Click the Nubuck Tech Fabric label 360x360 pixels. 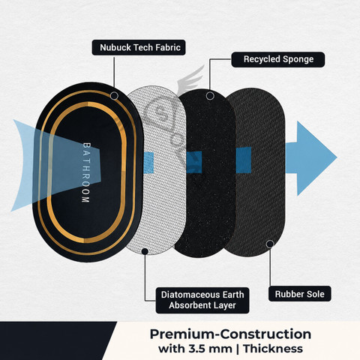coord(139,47)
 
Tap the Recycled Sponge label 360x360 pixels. coord(278,59)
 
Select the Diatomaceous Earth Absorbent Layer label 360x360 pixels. coord(202,300)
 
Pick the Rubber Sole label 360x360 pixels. coord(299,294)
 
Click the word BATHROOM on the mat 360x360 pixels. coord(86,172)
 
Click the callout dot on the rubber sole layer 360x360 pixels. coord(270,244)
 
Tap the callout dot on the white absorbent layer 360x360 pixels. coord(145,251)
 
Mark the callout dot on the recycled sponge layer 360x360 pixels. coord(210,96)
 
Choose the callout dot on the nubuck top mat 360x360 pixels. coord(114,95)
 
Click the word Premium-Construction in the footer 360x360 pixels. coord(230,334)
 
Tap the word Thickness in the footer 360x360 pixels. coord(273,349)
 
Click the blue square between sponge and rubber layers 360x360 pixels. coord(244,160)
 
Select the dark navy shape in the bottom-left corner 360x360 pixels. coord(54,340)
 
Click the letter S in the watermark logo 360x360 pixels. coord(160,114)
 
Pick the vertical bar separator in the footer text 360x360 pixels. coord(238,349)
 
